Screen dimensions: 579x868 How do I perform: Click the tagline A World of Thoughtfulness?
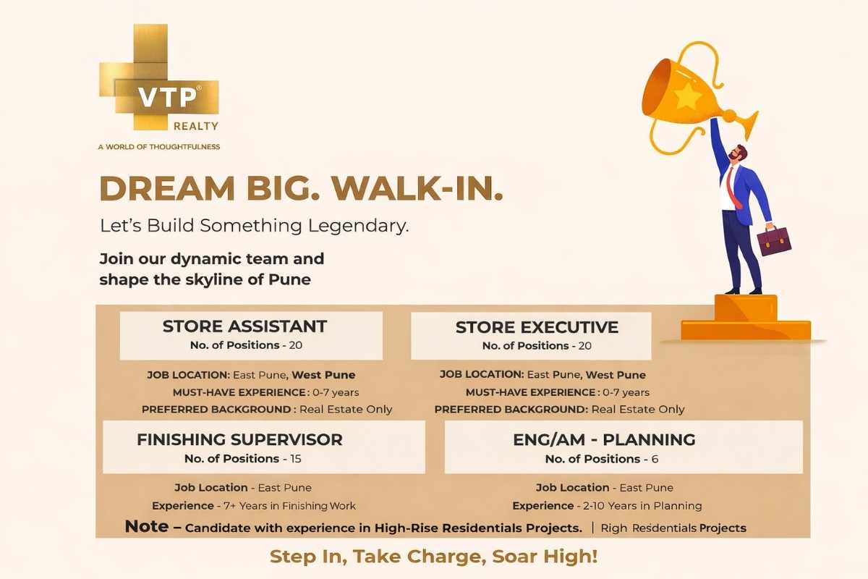(158, 147)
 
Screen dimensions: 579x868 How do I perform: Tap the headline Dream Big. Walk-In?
(301, 188)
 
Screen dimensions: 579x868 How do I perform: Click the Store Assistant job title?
(244, 326)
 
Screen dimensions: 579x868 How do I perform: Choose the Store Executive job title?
(537, 327)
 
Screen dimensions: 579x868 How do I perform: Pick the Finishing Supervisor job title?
(239, 439)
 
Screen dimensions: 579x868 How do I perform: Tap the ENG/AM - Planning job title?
(604, 439)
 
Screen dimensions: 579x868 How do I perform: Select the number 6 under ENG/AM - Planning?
(655, 459)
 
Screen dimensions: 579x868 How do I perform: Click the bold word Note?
(148, 526)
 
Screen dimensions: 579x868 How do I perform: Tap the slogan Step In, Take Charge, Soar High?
(434, 557)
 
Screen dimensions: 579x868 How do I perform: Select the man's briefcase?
(773, 240)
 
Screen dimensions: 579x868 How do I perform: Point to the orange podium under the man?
(745, 318)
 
